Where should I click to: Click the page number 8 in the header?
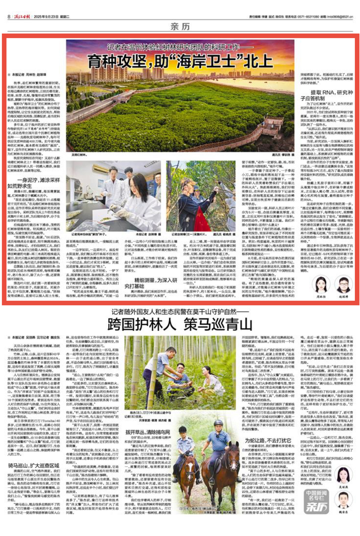9,16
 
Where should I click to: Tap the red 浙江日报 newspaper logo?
22,16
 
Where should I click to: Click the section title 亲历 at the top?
180,27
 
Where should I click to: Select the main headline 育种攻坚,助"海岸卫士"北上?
180,61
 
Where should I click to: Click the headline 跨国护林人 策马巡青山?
180,324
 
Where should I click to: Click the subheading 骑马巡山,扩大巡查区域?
34,466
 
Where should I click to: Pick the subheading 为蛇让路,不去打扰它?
268,441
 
